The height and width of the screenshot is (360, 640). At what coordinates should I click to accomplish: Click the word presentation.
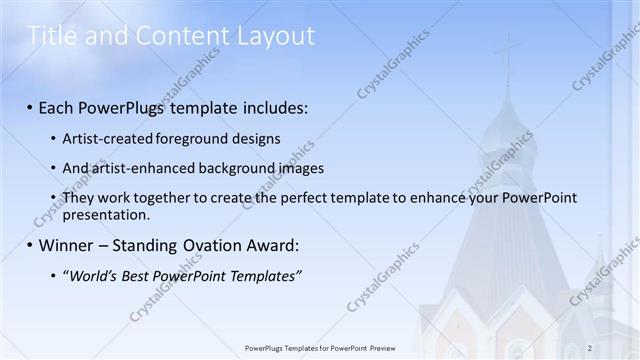(105, 214)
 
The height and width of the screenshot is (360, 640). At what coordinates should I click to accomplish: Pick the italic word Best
(134, 274)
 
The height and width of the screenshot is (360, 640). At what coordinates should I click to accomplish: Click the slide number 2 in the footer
(590, 347)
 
